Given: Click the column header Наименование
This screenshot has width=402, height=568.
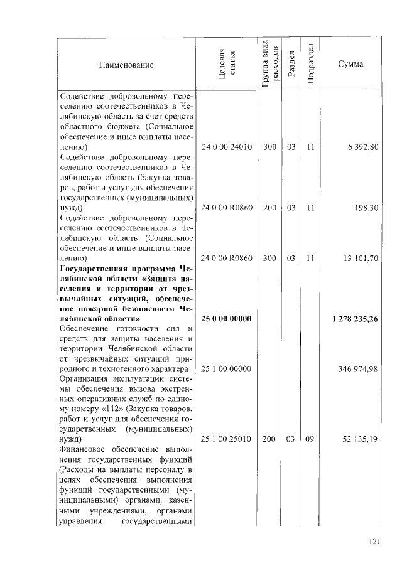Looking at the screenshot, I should (126, 65).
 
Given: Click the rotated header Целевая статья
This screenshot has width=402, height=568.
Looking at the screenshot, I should (227, 65).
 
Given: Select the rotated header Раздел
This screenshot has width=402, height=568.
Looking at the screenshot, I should (291, 65).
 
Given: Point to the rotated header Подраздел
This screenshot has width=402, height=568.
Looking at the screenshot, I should (310, 65).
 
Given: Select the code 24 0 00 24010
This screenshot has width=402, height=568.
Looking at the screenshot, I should (227, 147).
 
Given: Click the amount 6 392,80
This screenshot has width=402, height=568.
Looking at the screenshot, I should (362, 147).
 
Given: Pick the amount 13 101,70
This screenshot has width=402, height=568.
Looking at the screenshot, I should (360, 258).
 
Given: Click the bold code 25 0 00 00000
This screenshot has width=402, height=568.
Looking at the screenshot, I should (227, 319).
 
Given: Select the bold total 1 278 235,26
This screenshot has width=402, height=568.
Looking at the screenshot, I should (355, 319).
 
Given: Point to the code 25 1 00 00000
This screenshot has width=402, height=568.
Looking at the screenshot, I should (227, 368).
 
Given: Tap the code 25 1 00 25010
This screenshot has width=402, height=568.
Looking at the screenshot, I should (227, 439).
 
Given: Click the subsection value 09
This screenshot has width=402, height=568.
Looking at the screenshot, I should (310, 439).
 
